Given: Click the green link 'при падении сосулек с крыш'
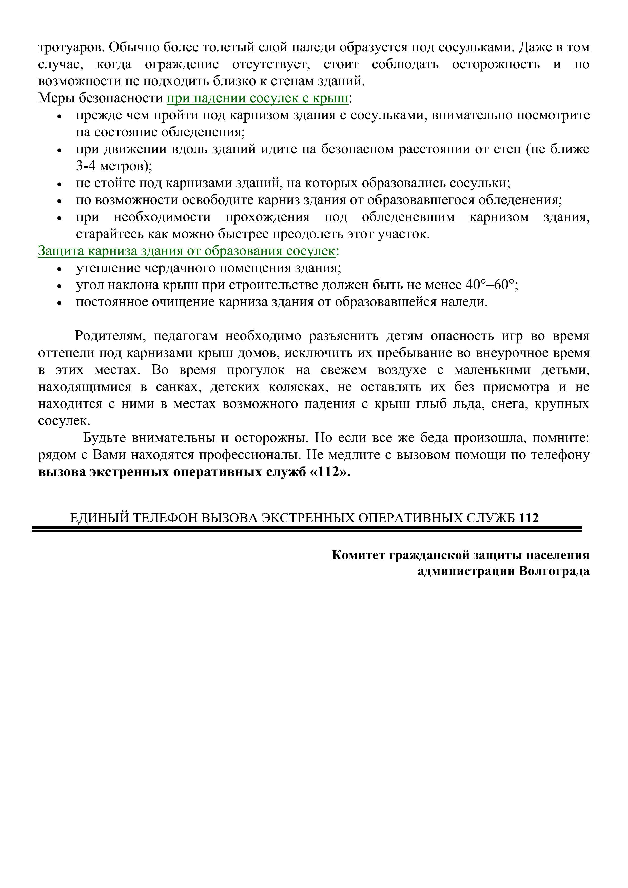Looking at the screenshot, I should (258, 98).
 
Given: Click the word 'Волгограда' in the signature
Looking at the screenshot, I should (554, 571).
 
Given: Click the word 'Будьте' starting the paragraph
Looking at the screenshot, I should (105, 438).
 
